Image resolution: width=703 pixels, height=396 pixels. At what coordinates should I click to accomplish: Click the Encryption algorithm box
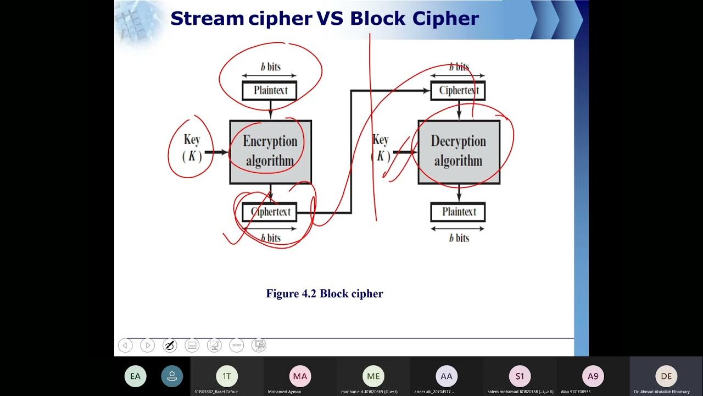pyautogui.click(x=270, y=151)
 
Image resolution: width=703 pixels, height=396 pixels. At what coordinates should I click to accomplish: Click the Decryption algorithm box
pyautogui.click(x=459, y=151)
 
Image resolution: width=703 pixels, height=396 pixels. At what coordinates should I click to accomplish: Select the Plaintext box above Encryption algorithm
pyautogui.click(x=270, y=90)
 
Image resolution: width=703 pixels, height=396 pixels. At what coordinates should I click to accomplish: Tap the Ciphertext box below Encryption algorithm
pyautogui.click(x=270, y=212)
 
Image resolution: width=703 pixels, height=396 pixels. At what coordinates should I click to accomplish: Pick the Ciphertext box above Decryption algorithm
pyautogui.click(x=458, y=90)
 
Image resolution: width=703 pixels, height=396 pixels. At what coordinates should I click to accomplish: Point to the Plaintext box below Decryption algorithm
pyautogui.click(x=458, y=212)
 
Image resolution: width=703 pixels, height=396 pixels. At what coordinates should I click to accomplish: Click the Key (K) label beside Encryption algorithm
pyautogui.click(x=192, y=148)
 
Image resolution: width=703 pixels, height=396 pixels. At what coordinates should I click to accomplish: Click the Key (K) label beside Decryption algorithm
pyautogui.click(x=381, y=148)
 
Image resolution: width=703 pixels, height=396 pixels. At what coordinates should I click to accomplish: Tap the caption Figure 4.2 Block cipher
pyautogui.click(x=325, y=294)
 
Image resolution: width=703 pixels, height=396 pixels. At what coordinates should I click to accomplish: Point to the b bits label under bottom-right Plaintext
pyautogui.click(x=459, y=238)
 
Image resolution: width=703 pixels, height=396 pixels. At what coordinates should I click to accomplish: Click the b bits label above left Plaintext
pyautogui.click(x=270, y=67)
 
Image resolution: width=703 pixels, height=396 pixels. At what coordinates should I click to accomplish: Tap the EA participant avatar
pyautogui.click(x=135, y=376)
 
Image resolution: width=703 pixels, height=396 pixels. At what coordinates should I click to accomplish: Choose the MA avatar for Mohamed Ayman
pyautogui.click(x=300, y=376)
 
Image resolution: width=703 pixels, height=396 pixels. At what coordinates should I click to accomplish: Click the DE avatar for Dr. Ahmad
pyautogui.click(x=666, y=376)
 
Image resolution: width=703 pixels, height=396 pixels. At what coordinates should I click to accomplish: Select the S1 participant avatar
pyautogui.click(x=520, y=376)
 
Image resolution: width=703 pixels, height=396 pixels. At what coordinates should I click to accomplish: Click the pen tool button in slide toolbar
pyautogui.click(x=170, y=345)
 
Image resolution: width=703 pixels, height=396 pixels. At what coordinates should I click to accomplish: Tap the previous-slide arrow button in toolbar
pyautogui.click(x=125, y=345)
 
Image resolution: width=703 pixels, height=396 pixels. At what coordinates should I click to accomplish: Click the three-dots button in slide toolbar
pyautogui.click(x=237, y=345)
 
